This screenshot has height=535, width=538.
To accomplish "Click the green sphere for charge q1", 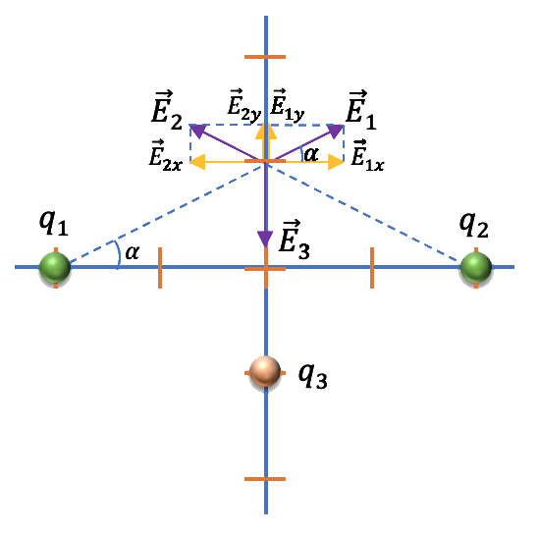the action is [x=55, y=268].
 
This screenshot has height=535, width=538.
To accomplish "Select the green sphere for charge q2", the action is [x=475, y=268].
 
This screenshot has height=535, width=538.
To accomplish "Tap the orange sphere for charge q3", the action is [x=265, y=372].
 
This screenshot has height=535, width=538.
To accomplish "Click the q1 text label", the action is [x=54, y=223].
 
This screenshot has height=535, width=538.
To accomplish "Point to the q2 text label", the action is [x=474, y=225].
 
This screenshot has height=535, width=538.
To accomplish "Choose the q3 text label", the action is [x=312, y=375].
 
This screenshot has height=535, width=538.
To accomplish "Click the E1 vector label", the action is [x=361, y=110].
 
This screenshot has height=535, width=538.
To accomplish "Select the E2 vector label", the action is [x=167, y=110].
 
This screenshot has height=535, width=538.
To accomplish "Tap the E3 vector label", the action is [x=295, y=240].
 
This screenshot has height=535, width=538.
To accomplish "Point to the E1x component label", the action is [x=367, y=155].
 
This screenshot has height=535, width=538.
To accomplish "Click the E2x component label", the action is [x=165, y=155].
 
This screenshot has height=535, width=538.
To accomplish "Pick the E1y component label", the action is [x=288, y=105].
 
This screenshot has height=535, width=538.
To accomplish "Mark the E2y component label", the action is [x=244, y=105].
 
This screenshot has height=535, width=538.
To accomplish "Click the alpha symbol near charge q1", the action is [x=133, y=252].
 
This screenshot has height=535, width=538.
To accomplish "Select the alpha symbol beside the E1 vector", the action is [x=311, y=154].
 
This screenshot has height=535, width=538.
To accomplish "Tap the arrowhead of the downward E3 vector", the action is [x=265, y=239].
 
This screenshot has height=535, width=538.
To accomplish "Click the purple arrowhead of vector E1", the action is [x=336, y=132].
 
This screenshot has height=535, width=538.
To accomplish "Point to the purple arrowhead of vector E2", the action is [x=197, y=132].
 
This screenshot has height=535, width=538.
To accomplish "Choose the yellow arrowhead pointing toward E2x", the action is [x=197, y=162].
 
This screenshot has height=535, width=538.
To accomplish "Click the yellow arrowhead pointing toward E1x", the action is [x=336, y=162].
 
